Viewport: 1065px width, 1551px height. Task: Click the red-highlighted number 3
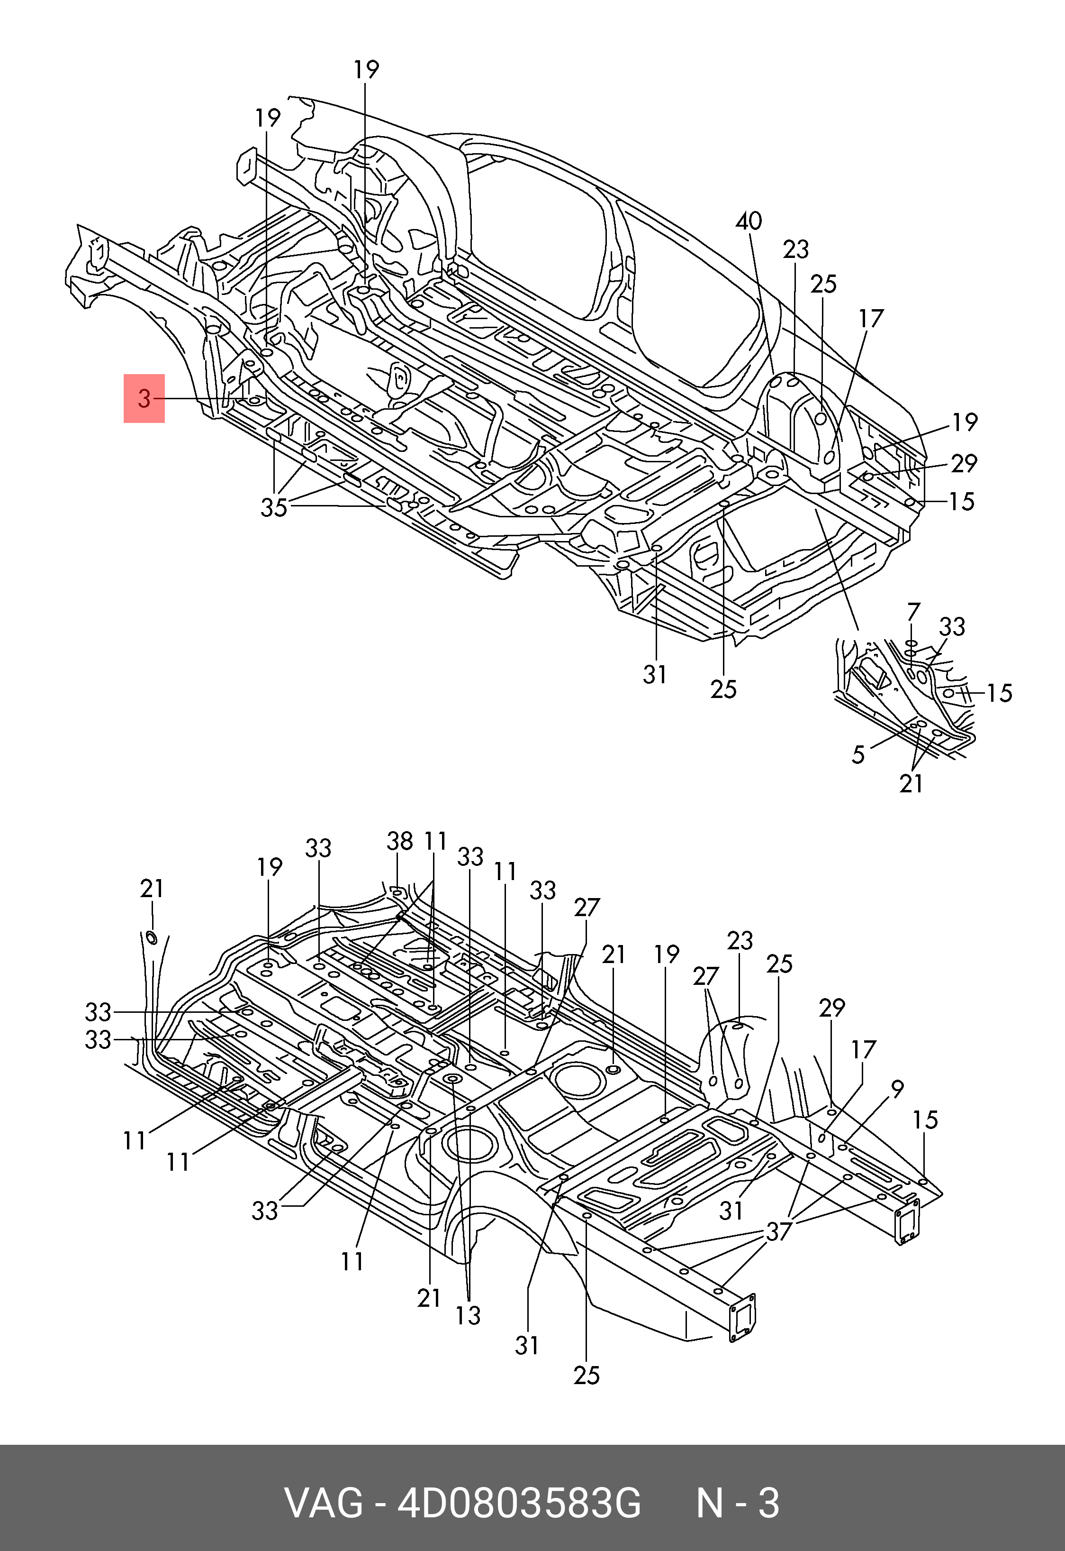point(144,399)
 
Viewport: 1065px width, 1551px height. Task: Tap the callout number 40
point(749,221)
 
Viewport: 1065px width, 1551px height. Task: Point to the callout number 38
point(400,841)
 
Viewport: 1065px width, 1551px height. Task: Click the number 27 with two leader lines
point(705,977)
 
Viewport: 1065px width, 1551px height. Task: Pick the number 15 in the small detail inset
point(1000,693)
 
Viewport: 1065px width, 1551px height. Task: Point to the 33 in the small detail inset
point(952,627)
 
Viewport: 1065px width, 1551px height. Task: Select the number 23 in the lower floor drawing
point(740,941)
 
